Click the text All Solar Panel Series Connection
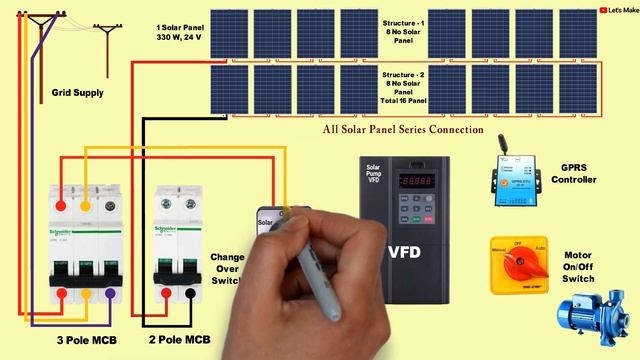pos(403,130)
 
